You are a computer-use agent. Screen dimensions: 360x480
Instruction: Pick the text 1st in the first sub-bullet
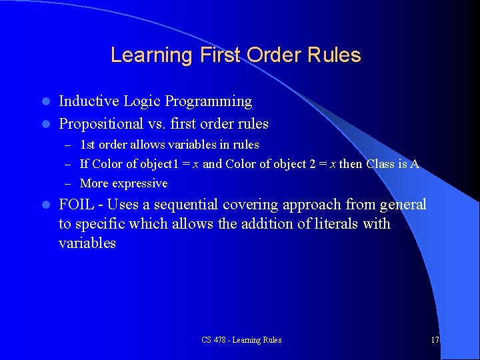[87, 144]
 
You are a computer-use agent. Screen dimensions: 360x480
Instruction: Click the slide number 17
[435, 340]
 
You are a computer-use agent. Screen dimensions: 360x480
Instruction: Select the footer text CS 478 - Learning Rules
[241, 340]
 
